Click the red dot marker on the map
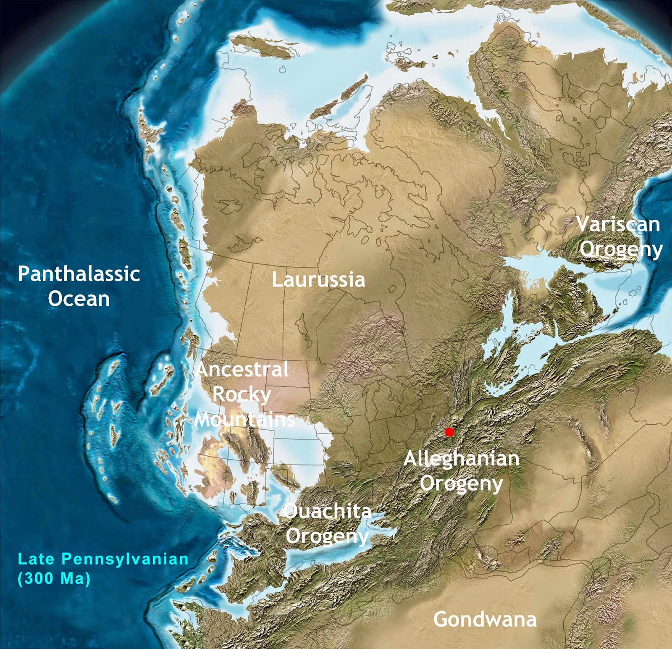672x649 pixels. point(449,432)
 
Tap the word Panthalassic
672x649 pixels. point(79,274)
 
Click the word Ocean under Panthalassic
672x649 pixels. point(79,299)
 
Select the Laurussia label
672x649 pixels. point(318,280)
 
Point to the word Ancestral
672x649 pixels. point(242,370)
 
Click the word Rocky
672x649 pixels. point(241,395)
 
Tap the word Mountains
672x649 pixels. point(245,419)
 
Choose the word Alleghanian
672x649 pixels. point(461,459)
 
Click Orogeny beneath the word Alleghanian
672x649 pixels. point(461,483)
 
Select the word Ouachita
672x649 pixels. point(328,511)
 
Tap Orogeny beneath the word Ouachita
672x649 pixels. point(327,536)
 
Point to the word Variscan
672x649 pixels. point(618,224)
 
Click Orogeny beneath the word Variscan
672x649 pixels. point(621,250)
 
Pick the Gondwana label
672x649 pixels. point(485,619)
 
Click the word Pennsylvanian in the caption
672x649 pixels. point(125,560)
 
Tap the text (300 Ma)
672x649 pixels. point(54,578)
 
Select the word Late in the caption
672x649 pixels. point(36,559)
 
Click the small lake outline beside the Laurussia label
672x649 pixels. point(393,289)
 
